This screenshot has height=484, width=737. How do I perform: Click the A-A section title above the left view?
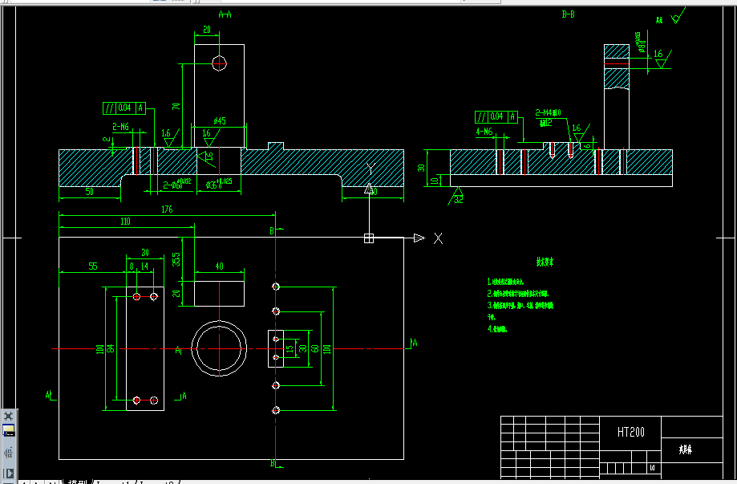tap(225, 14)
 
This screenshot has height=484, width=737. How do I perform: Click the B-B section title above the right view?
tap(568, 14)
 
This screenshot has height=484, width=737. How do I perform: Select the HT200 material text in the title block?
tap(631, 432)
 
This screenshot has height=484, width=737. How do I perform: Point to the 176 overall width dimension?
tap(167, 210)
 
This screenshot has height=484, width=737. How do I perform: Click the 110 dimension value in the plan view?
tap(125, 221)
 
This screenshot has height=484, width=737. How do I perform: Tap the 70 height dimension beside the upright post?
tap(176, 106)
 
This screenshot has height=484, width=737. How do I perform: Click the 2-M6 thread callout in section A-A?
tap(121, 127)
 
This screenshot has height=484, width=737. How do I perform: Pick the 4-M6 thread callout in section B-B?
tap(484, 130)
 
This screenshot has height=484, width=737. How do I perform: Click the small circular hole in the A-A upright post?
tap(219, 64)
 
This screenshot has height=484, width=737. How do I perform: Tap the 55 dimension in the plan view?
tap(93, 266)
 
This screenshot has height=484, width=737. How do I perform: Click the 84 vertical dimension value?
tap(111, 348)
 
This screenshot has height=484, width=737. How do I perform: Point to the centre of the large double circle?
tap(219, 348)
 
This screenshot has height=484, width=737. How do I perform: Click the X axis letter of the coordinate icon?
tap(438, 238)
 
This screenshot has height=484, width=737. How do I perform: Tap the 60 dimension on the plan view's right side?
tap(315, 348)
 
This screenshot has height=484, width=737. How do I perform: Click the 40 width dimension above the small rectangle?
tap(219, 266)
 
